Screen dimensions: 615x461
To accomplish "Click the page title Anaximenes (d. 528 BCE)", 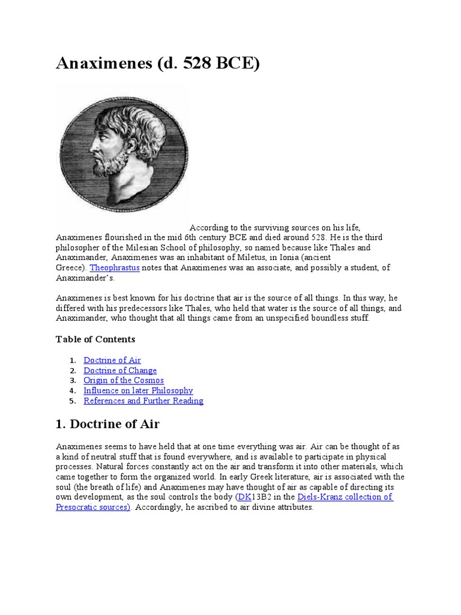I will pos(158,63).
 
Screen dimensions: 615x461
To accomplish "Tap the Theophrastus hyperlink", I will pos(114,268).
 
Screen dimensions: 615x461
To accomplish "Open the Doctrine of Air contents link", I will pos(112,360).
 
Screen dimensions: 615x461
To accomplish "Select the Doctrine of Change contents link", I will pos(120,370).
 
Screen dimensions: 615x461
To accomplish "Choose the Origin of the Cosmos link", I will pos(124,380).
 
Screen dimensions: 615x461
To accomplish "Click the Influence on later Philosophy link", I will pos(138,390).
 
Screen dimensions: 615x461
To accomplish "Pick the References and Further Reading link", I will pos(143,401).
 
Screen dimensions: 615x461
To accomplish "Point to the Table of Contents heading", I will pos(95,339).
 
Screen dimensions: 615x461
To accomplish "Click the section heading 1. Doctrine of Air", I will pos(107,424).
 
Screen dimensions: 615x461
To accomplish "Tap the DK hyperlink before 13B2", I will pos(244,497).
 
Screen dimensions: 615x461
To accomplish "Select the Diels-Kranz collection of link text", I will pos(345,497).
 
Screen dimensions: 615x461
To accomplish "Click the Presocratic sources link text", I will pos(93,507).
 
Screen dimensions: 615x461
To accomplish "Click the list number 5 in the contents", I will pos(72,401).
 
